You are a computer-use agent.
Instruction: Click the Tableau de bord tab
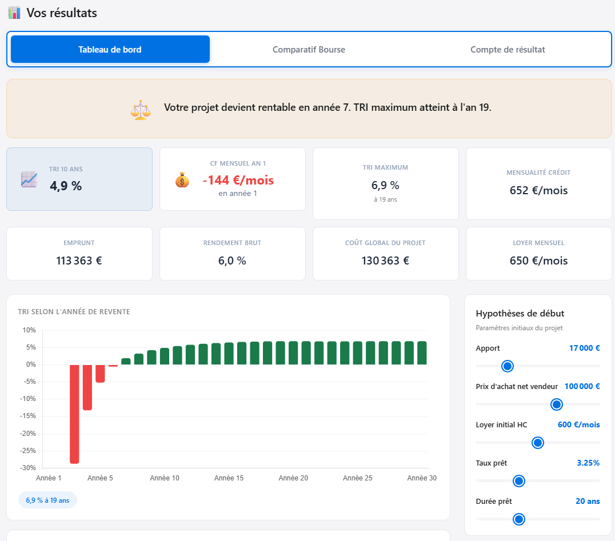[110, 49]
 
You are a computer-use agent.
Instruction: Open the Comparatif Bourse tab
[309, 49]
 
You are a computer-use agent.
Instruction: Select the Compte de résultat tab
[508, 49]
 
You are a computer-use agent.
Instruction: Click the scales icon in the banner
[141, 109]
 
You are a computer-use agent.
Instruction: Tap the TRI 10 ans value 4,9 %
[66, 186]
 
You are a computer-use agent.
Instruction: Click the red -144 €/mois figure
[238, 180]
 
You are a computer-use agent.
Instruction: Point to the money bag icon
[182, 180]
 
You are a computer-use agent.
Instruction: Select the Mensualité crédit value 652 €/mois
[538, 190]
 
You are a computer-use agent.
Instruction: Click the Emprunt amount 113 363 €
[79, 261]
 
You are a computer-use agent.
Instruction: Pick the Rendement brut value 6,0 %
[232, 261]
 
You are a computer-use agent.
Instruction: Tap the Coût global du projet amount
[385, 261]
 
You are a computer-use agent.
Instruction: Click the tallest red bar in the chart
[74, 414]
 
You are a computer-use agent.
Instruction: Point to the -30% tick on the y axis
[29, 468]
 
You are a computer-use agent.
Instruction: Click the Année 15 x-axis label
[229, 478]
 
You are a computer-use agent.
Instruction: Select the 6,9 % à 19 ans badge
[47, 500]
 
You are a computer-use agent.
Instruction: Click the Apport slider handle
[507, 366]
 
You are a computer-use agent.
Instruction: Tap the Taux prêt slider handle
[519, 481]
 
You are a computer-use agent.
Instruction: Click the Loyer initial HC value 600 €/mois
[578, 424]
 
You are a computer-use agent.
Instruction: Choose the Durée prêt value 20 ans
[588, 501]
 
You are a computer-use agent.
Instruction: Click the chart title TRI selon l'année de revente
[74, 312]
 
